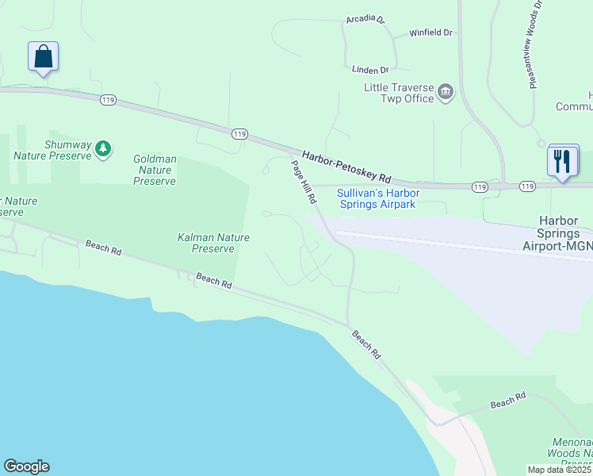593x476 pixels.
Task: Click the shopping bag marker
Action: click(43, 57)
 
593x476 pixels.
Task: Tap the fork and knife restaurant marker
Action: click(563, 161)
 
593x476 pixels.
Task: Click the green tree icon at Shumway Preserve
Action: click(102, 148)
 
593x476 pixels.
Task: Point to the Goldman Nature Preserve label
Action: click(155, 171)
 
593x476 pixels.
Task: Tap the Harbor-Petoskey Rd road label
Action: click(347, 166)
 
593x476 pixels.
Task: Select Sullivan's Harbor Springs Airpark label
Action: click(378, 198)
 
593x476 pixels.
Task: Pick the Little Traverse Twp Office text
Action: click(399, 93)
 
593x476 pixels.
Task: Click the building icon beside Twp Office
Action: click(446, 92)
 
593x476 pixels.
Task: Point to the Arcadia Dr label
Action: click(365, 20)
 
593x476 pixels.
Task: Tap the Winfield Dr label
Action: click(430, 33)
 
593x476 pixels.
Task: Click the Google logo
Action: click(26, 466)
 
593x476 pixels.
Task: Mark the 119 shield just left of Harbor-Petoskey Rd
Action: click(239, 134)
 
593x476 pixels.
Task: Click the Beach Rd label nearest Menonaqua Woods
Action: click(508, 403)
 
